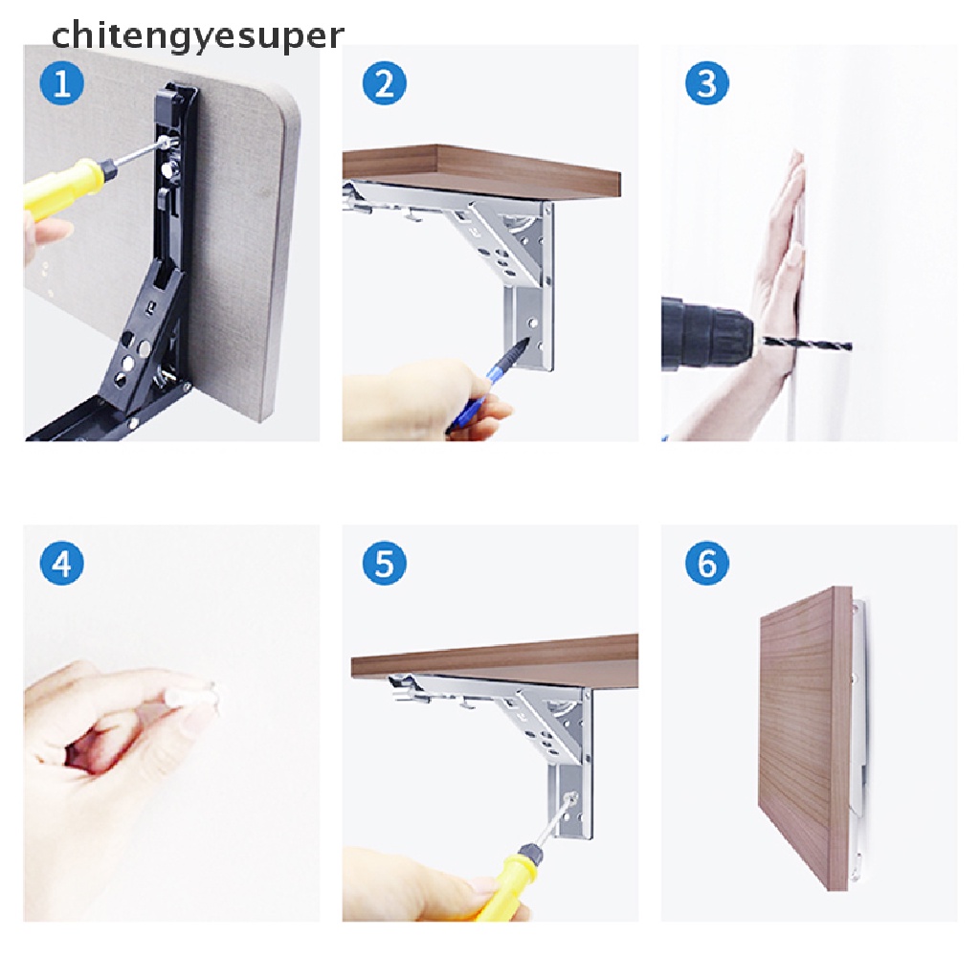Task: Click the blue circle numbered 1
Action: [62, 83]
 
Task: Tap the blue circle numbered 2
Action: [385, 83]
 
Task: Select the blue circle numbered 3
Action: [707, 83]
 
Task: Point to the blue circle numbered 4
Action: [62, 563]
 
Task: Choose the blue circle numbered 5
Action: [385, 563]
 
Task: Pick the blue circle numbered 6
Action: [707, 563]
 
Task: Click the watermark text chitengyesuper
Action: [197, 35]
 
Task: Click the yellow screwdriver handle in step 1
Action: [62, 188]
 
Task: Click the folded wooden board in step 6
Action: [805, 738]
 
